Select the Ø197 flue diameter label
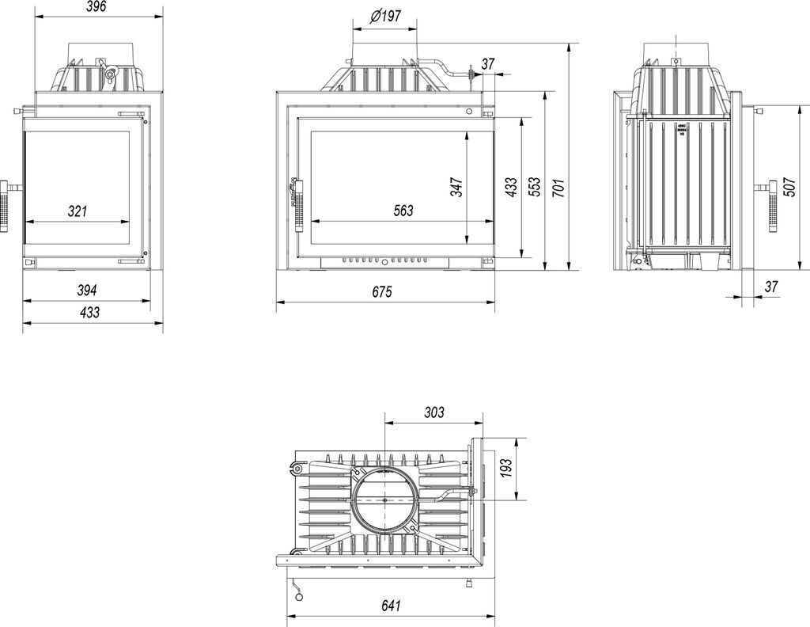click(385, 17)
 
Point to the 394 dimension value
click(87, 290)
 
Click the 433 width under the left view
click(89, 313)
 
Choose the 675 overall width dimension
click(382, 291)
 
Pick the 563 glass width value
click(403, 211)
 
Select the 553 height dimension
click(535, 187)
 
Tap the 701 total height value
click(558, 187)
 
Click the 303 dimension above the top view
click(433, 412)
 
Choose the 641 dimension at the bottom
click(391, 606)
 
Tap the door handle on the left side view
click(6, 206)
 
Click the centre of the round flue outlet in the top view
click(384, 500)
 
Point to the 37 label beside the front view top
click(488, 63)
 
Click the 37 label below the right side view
click(772, 286)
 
